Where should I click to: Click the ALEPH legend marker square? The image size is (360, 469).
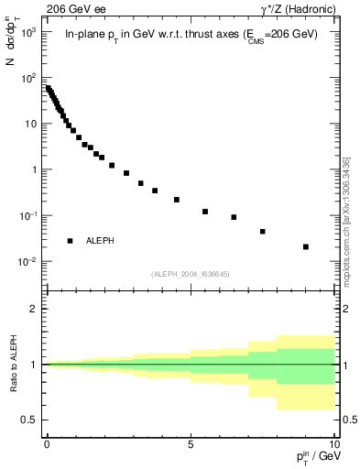pos(71,240)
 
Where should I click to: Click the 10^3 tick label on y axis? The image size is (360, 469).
pos(27,32)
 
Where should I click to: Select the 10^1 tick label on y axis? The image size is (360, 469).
pos(27,124)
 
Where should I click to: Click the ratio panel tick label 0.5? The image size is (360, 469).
pos(30,420)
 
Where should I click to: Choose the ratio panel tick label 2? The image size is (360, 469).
pos(34,309)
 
